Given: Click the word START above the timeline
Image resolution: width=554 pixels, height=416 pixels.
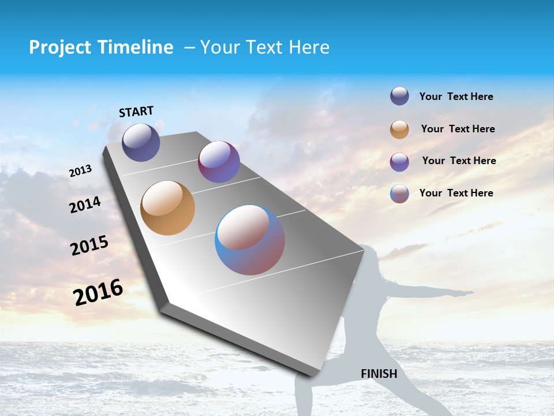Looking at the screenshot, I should tap(136, 112).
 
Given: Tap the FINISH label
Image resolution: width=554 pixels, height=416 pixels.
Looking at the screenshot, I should tap(379, 374).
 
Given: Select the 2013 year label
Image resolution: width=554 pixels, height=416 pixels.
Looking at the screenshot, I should tap(81, 171).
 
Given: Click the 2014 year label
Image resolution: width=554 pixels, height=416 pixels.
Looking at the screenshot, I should tap(85, 205).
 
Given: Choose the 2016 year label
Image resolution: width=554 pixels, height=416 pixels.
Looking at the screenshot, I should tap(98, 292).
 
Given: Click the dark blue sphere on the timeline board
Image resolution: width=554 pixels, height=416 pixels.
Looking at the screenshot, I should tap(141, 142).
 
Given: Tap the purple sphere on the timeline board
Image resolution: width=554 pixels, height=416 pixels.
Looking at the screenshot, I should tap(219, 162).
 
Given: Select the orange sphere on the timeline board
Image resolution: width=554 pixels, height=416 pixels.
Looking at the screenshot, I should tap(168, 208).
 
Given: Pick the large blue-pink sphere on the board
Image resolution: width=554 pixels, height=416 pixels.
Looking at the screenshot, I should tap(250, 240).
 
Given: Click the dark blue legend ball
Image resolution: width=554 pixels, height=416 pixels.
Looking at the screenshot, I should tap(399, 96).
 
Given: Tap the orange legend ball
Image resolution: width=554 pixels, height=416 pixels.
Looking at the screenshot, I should tap(399, 129).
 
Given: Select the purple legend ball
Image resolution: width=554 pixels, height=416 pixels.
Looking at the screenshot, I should tap(399, 162).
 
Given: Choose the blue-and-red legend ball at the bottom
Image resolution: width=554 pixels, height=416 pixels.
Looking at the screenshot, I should tap(399, 194).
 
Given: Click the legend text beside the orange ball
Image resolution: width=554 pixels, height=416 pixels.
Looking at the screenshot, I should tap(458, 129).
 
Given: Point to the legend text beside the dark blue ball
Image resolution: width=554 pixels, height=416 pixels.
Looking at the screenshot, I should tap(456, 96).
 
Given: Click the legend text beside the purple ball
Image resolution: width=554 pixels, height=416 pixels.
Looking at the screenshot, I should tap(459, 161).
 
